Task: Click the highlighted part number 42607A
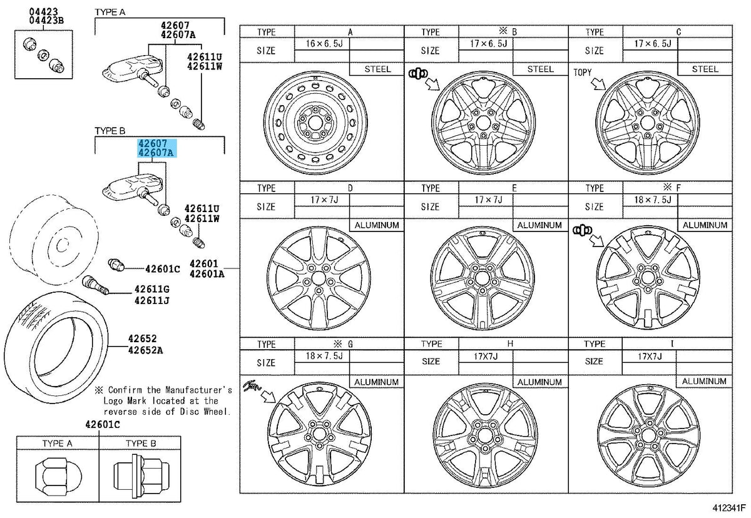[x=156, y=153]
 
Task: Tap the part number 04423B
[x=46, y=20]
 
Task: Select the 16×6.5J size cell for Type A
[x=324, y=44]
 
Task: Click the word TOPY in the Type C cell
[x=583, y=73]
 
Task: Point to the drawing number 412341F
[x=729, y=508]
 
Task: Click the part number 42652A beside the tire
[x=145, y=350]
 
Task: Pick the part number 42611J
[x=152, y=300]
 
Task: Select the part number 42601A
[x=207, y=274]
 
